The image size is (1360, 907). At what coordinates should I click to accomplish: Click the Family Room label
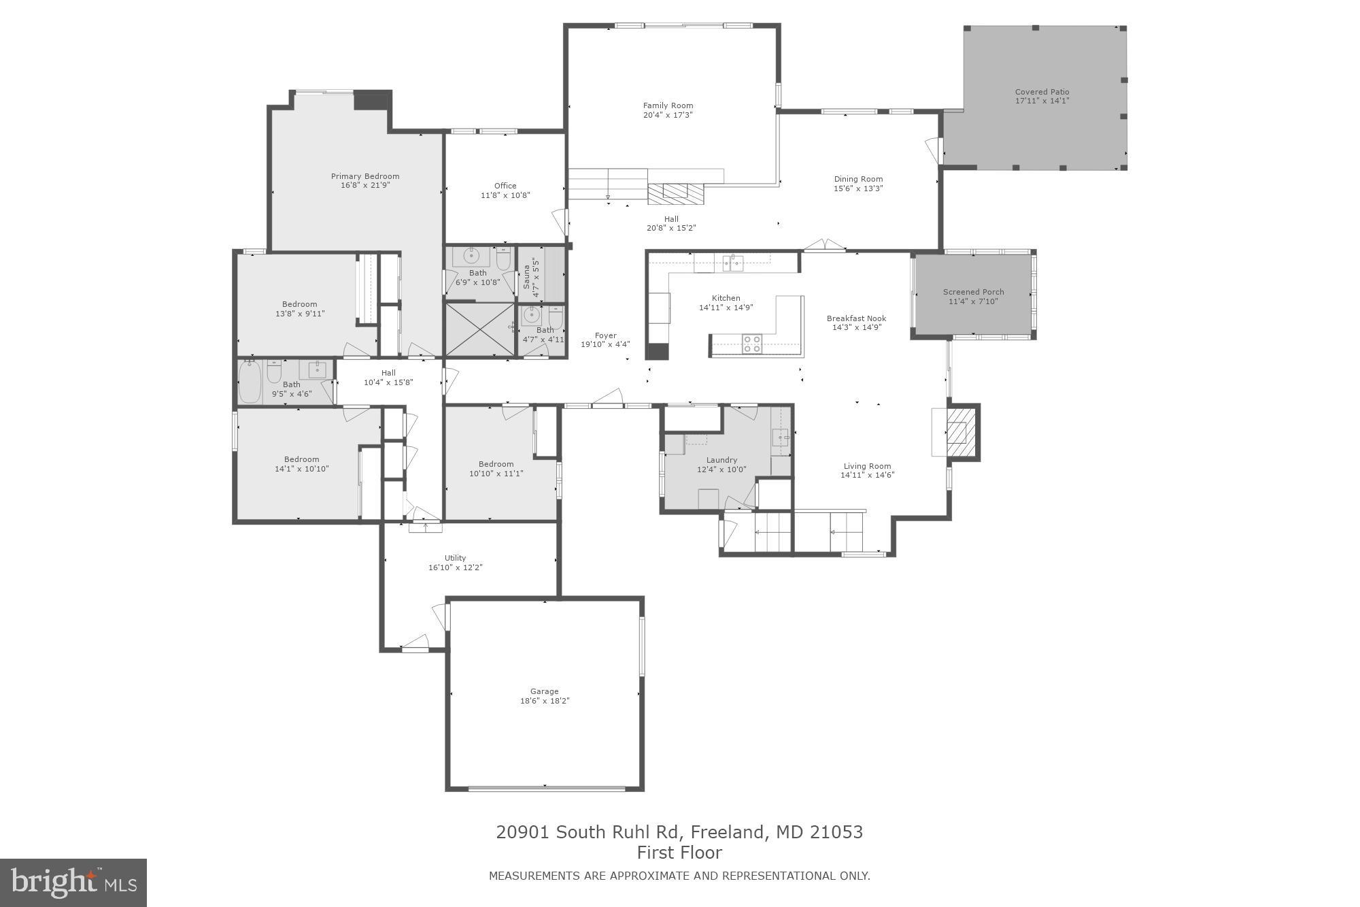[x=668, y=105]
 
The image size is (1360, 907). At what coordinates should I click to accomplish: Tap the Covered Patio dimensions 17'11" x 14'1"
[x=1042, y=101]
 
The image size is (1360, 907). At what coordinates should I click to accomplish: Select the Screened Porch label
[x=973, y=292]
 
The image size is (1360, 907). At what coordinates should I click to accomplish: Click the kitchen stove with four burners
[x=751, y=344]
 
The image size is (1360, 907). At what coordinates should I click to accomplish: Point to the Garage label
[x=544, y=691]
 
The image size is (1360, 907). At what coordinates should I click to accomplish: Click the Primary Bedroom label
[x=365, y=176]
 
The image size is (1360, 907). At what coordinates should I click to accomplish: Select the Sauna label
[x=526, y=277]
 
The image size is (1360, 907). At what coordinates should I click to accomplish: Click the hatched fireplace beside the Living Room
[x=960, y=433]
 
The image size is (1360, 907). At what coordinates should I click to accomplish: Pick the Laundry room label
[x=721, y=460]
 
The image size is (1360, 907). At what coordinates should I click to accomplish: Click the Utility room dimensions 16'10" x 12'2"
[x=455, y=567]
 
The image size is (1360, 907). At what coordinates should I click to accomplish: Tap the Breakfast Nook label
[x=856, y=318]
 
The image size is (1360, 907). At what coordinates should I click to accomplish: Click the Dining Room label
[x=858, y=179]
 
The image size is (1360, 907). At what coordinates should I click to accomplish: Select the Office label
[x=505, y=186]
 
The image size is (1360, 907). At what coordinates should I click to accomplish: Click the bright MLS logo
[x=73, y=883]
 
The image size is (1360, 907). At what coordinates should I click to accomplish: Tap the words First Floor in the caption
[x=679, y=853]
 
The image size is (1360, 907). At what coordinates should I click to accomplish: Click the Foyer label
[x=605, y=335]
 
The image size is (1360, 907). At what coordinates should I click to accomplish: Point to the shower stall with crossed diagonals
[x=480, y=329]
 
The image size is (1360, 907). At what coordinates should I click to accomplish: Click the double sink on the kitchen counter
[x=732, y=263]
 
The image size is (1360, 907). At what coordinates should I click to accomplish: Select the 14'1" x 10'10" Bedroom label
[x=301, y=459]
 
